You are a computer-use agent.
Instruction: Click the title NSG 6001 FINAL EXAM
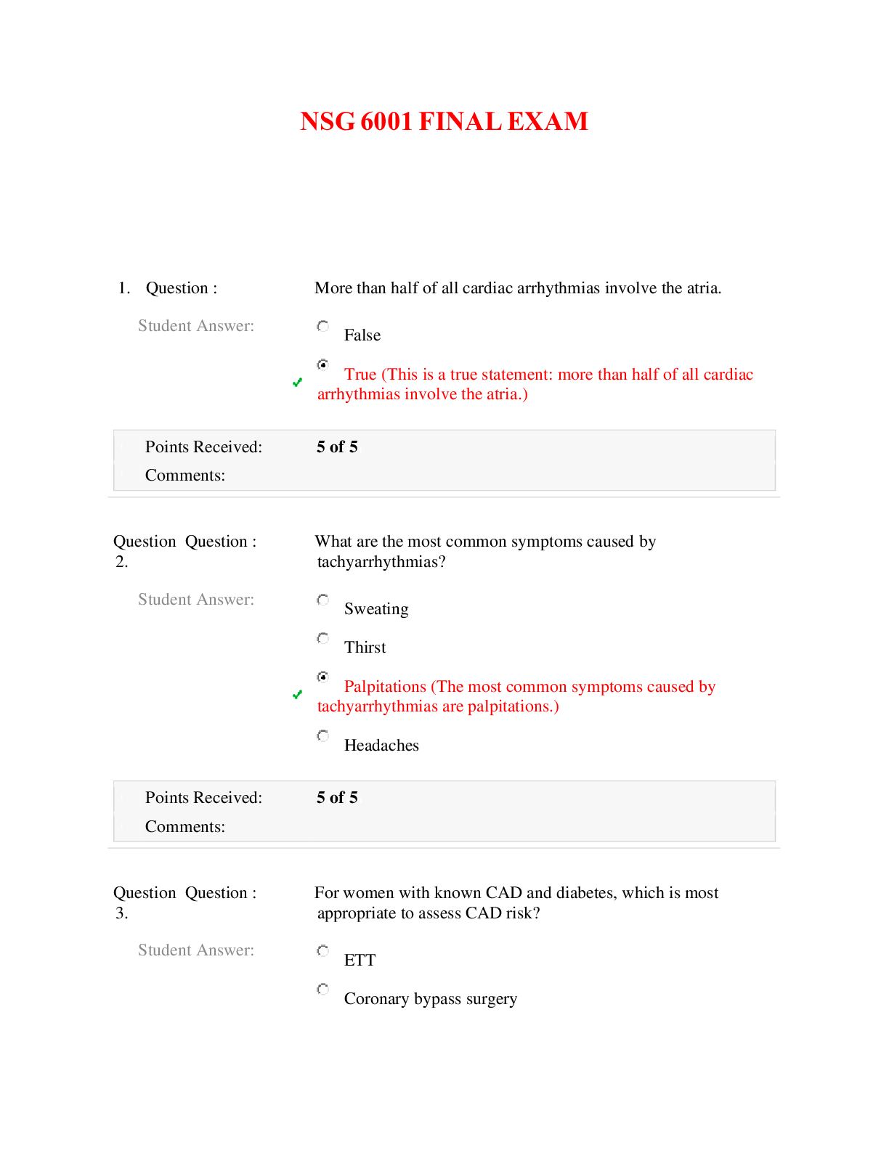coord(444,121)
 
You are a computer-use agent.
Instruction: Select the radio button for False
coord(323,326)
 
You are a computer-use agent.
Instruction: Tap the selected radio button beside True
coord(323,364)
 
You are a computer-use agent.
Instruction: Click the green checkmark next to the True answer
coord(297,382)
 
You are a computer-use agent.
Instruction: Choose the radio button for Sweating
coord(323,600)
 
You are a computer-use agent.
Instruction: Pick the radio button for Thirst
coord(323,638)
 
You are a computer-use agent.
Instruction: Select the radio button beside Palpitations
coord(323,677)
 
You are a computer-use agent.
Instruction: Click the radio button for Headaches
coord(323,736)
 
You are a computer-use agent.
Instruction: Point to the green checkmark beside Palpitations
coord(297,695)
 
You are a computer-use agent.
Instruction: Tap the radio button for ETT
coord(323,950)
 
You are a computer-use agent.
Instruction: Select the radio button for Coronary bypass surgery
coord(323,989)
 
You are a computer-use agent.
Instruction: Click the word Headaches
coord(381,746)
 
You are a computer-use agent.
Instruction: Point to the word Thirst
coord(365,648)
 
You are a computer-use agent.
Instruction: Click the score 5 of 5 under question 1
coord(337,447)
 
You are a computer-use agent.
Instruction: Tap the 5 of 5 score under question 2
coord(337,798)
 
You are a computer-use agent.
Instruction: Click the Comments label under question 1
coord(185,476)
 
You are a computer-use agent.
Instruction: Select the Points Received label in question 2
coord(203,798)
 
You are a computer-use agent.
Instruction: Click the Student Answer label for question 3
coord(196,950)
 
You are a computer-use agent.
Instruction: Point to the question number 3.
coord(121,913)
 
